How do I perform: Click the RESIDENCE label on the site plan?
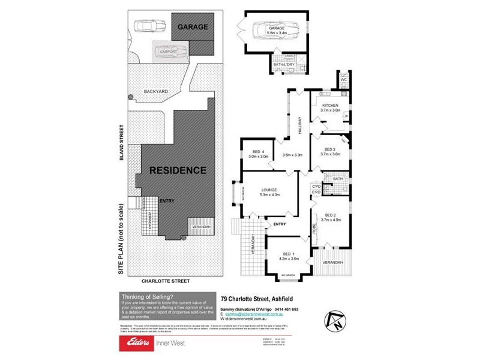pyautogui.click(x=177, y=170)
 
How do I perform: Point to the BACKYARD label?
pyautogui.click(x=155, y=91)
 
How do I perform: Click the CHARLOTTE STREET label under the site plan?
pyautogui.click(x=165, y=280)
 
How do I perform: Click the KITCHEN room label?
pyautogui.click(x=330, y=106)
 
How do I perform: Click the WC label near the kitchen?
pyautogui.click(x=344, y=79)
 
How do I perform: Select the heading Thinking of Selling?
pyautogui.click(x=147, y=296)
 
